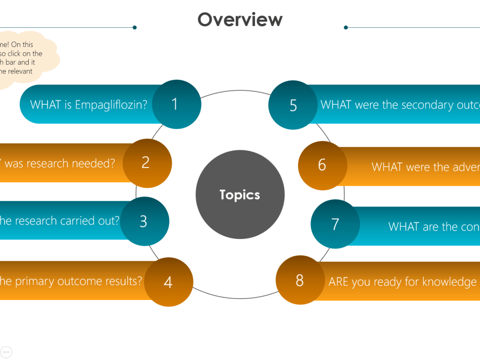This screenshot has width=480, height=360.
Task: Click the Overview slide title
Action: point(240,20)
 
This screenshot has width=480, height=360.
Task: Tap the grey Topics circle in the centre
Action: point(240,194)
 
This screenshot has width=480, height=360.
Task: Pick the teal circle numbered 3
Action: point(144,221)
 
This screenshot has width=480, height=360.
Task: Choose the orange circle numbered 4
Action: point(168,282)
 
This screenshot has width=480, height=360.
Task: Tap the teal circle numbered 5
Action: point(293,106)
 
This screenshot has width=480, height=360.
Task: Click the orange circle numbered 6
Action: point(322,165)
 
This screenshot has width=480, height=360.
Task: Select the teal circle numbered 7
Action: point(335,224)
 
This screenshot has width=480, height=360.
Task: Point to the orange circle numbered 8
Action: point(300,280)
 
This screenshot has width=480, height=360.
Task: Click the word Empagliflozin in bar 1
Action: point(111,105)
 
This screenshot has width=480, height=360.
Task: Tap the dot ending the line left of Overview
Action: point(135,27)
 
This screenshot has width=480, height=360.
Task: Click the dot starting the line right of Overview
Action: point(346,27)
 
